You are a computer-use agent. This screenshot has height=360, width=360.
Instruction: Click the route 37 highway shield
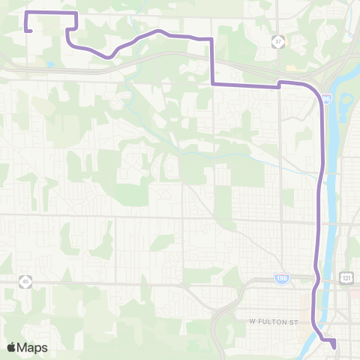[x=278, y=41]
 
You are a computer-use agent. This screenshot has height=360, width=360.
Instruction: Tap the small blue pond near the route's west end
[x=49, y=64]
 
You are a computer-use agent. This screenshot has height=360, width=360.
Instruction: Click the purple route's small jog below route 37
[x=280, y=84]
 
